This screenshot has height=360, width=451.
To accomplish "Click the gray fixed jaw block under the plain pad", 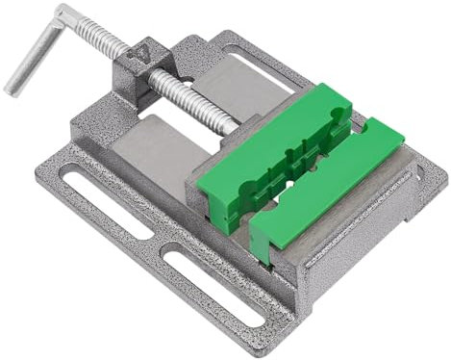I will tap(337, 231).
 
